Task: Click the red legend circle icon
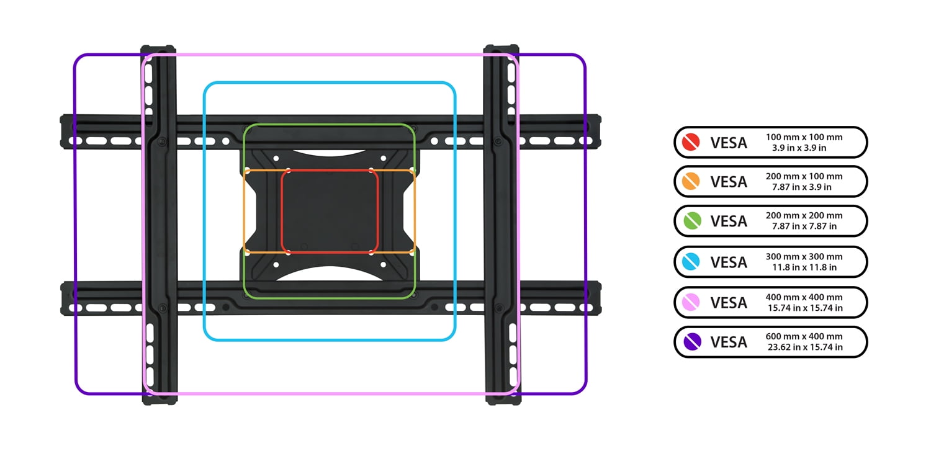click(x=691, y=143)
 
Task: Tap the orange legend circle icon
click(x=691, y=181)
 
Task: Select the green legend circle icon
click(x=691, y=220)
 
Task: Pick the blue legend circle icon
click(x=691, y=262)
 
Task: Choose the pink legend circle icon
click(x=691, y=302)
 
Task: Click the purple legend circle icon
click(x=691, y=341)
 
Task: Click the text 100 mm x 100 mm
click(x=804, y=137)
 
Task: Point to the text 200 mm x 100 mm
click(x=804, y=176)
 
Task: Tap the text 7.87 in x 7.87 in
click(x=804, y=226)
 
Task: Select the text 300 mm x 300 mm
click(x=804, y=256)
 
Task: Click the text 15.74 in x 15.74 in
click(x=804, y=308)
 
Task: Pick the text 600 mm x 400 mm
click(x=804, y=336)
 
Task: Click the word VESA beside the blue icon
click(x=729, y=262)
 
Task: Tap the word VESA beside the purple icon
click(x=729, y=342)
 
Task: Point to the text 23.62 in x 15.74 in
click(x=804, y=347)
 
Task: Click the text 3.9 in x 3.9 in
click(x=804, y=148)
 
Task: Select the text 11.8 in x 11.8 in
click(x=804, y=267)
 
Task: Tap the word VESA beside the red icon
click(x=729, y=143)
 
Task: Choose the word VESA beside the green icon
click(x=729, y=221)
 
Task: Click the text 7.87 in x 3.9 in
click(x=804, y=187)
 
